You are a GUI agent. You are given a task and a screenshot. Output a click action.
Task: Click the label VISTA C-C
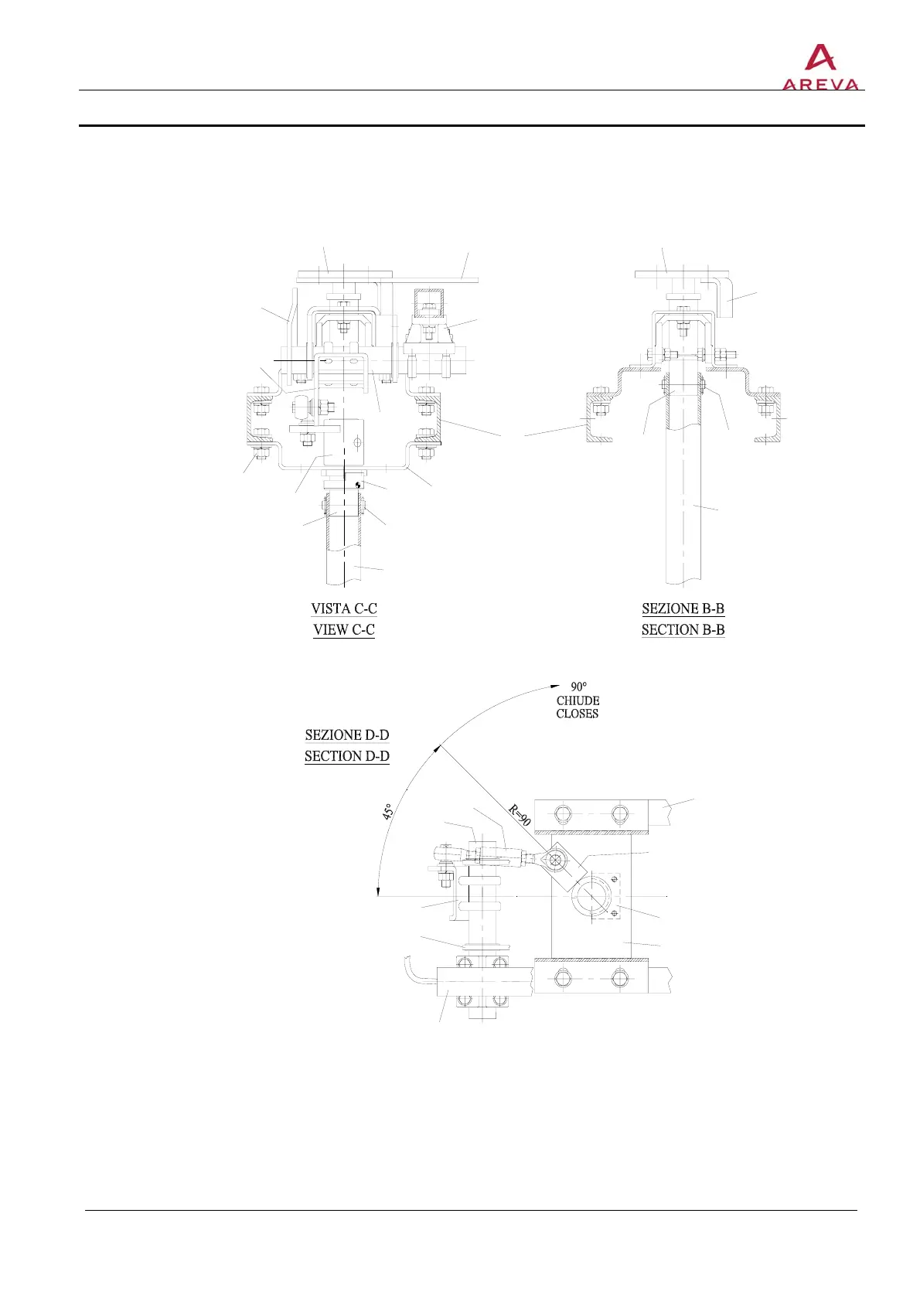point(343,608)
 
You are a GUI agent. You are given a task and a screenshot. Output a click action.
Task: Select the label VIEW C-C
point(343,629)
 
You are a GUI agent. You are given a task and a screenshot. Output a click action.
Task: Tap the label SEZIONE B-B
point(683,608)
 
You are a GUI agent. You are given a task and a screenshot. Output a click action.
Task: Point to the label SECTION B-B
point(683,629)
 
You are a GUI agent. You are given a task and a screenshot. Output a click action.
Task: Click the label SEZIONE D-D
point(347,735)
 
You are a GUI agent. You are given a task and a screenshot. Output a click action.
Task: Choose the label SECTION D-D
point(347,755)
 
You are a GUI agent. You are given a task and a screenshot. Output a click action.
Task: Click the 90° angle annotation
point(578,687)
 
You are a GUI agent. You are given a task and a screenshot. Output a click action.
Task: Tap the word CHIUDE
point(578,700)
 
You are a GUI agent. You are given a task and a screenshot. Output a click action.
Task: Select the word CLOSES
point(577,713)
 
